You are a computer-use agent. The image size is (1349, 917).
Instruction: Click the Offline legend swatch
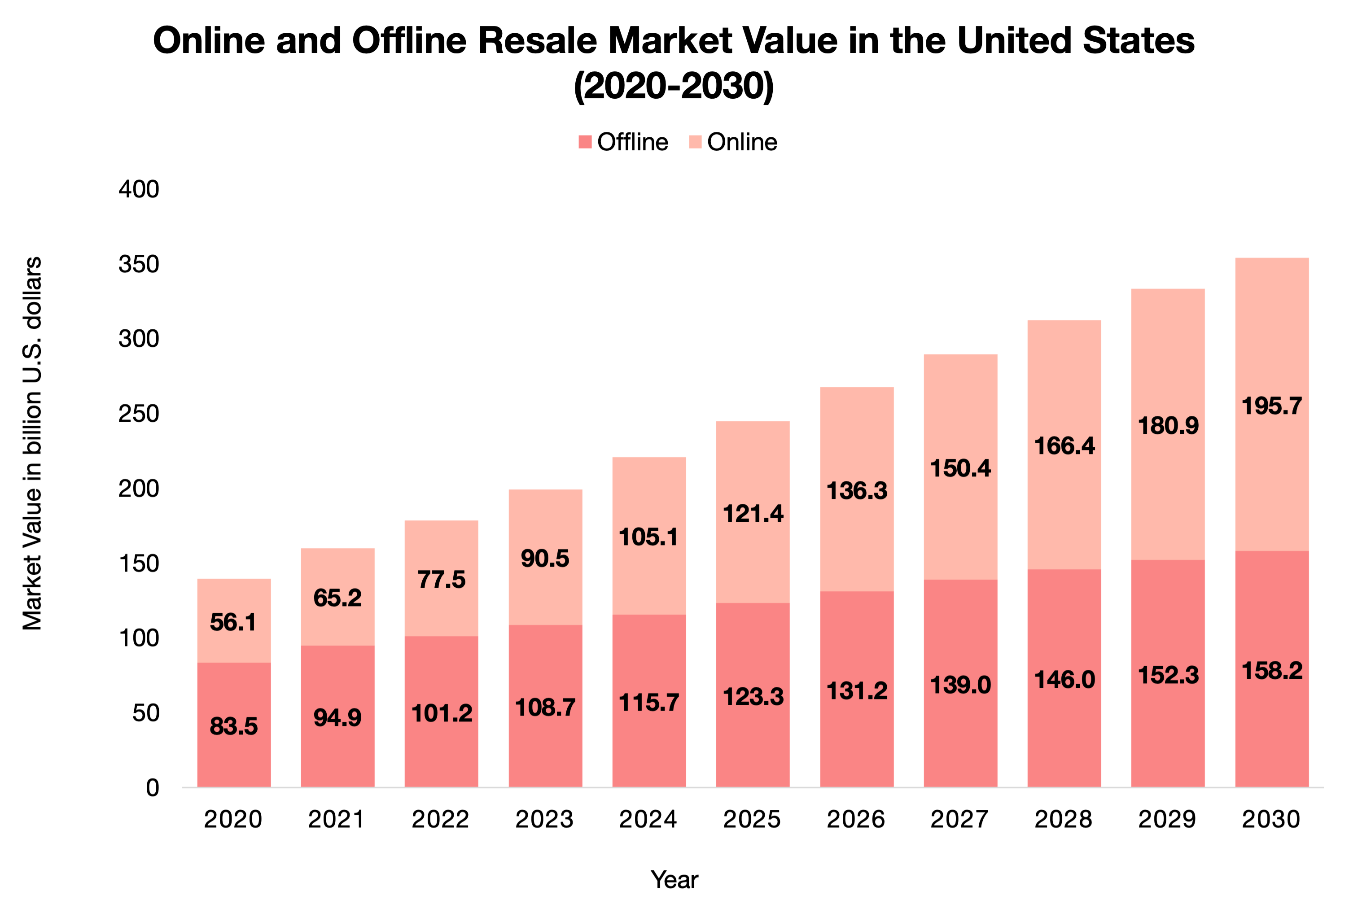point(585,142)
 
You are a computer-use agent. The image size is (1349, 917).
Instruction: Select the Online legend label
point(742,142)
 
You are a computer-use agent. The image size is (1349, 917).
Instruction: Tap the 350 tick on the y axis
point(139,265)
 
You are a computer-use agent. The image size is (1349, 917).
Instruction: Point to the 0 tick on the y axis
point(152,788)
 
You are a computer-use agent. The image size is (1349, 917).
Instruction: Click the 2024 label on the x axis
point(648,819)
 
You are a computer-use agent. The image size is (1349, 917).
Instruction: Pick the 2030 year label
point(1270,819)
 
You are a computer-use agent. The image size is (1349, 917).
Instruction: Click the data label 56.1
point(233,623)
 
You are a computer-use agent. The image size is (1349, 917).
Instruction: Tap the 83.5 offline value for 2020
point(233,726)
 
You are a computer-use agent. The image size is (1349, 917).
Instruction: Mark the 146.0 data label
point(1064,680)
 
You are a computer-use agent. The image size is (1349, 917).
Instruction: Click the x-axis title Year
point(674,880)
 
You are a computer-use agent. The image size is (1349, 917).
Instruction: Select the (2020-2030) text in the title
point(673,86)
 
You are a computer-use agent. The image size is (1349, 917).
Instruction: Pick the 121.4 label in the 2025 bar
point(753,514)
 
